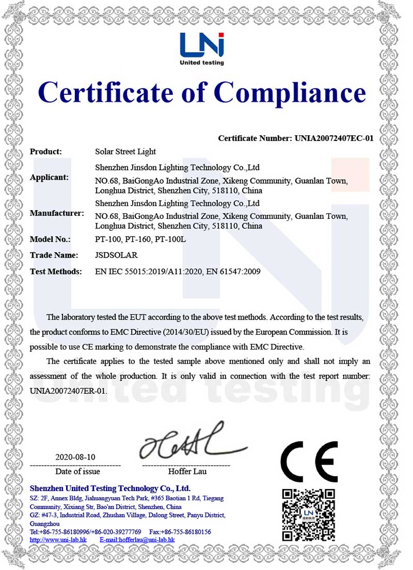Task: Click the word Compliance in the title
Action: coord(290,93)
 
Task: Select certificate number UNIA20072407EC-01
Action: coord(334,138)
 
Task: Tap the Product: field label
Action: coord(46,152)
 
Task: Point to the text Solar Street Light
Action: coord(126,152)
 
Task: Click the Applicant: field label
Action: coord(49,177)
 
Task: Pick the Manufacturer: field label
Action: coord(57,213)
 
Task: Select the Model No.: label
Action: coord(50,240)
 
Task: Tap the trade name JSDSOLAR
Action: coord(117,255)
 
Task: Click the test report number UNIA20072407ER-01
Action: coord(69,390)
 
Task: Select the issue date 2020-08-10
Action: coord(75,457)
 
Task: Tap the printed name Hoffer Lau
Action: coord(187,471)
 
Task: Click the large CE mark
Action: coord(309,461)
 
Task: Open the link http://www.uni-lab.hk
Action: coord(58,540)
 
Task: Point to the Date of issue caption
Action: coord(77,471)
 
